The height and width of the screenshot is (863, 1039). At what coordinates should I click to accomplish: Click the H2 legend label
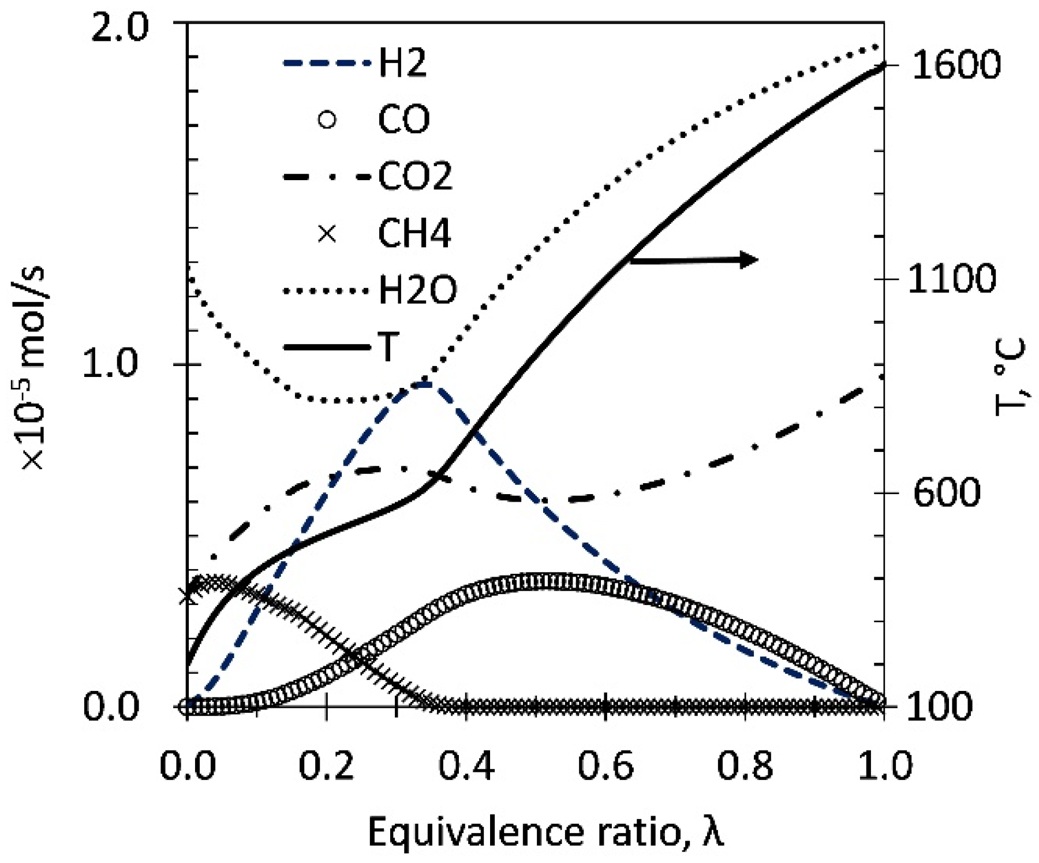[402, 63]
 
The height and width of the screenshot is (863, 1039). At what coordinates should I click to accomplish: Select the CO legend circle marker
[327, 119]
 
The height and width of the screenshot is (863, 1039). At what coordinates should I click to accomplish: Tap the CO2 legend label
[415, 176]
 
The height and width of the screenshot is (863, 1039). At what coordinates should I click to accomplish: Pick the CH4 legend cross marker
[327, 233]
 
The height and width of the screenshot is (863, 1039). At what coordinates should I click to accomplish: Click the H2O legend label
[417, 290]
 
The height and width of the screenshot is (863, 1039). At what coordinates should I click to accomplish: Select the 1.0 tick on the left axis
[110, 364]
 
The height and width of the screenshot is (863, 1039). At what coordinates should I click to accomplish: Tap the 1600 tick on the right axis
[955, 65]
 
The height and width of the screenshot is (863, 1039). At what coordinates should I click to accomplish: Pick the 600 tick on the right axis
[947, 493]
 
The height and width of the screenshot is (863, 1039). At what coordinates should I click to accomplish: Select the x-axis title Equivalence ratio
[545, 833]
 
